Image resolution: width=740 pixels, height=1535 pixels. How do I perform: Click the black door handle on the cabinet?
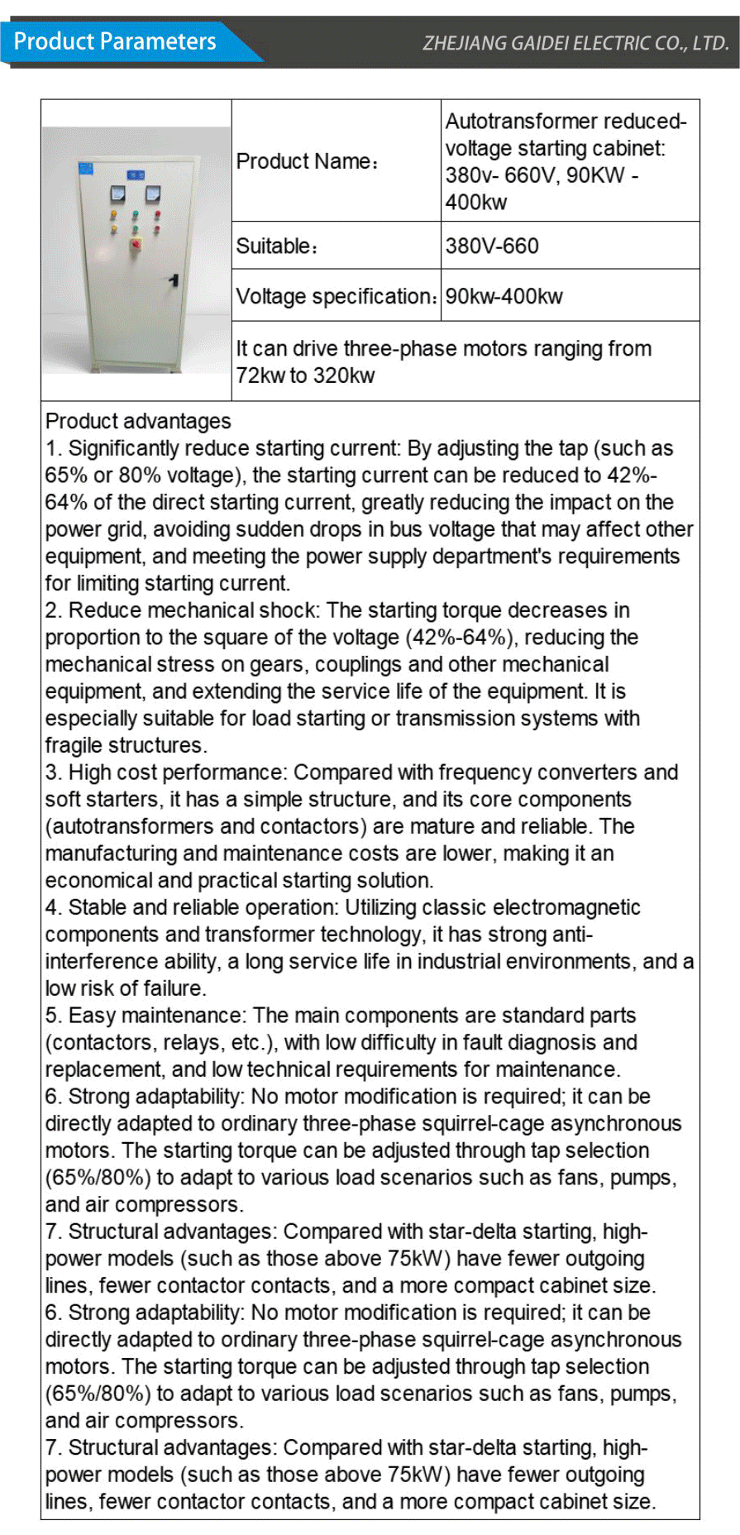[174, 280]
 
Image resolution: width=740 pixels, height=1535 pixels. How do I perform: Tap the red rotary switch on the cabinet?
[136, 244]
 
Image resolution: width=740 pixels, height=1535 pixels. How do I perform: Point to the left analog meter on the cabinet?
[117, 194]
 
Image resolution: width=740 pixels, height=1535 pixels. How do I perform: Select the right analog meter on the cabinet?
[153, 194]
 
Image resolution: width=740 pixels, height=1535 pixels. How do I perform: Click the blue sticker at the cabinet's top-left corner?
[86, 170]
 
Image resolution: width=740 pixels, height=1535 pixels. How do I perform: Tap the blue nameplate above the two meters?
[136, 175]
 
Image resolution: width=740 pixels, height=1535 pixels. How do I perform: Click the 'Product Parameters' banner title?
[115, 41]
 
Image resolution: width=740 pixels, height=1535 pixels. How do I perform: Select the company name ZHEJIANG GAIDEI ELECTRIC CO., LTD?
[575, 43]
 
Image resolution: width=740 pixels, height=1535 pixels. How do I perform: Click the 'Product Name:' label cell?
[307, 161]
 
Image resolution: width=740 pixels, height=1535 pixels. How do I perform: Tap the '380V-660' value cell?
[492, 246]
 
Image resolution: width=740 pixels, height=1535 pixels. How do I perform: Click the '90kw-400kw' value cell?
[504, 296]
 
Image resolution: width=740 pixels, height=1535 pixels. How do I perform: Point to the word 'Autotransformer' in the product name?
[512, 122]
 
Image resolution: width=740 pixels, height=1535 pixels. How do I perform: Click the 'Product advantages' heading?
[138, 421]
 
